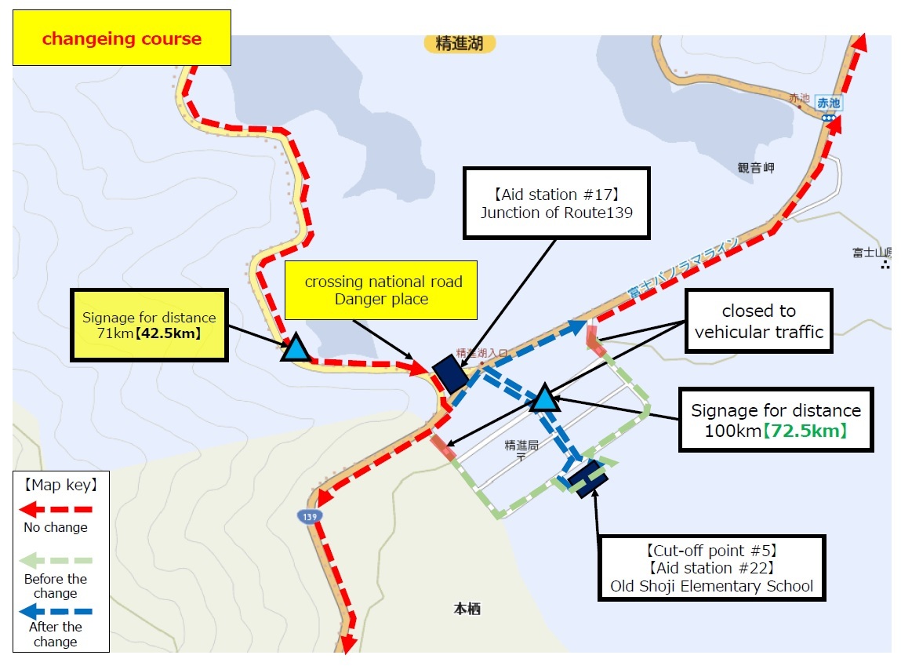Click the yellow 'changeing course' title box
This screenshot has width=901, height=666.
coord(122,38)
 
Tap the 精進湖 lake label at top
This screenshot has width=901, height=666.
coord(460,43)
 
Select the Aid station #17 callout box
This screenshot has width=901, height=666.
coord(556,202)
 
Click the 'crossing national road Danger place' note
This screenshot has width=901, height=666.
coord(382,290)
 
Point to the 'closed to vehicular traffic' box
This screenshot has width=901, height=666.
coord(758,321)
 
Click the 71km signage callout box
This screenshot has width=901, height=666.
coord(149,325)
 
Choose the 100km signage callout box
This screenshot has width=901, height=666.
coord(775,420)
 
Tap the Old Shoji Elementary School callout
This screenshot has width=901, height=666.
coord(711,567)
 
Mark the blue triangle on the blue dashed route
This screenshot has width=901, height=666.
coord(544,399)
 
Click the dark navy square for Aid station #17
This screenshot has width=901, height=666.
coord(450,373)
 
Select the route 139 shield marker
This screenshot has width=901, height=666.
coord(308,516)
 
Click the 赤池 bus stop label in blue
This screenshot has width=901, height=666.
coord(828,103)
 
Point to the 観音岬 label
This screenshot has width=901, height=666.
coord(756,168)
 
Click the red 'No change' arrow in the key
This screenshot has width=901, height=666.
coord(55,509)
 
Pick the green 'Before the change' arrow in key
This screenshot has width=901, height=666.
coord(55,561)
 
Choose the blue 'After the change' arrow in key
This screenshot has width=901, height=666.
coord(55,610)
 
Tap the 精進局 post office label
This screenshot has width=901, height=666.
coord(521,445)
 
